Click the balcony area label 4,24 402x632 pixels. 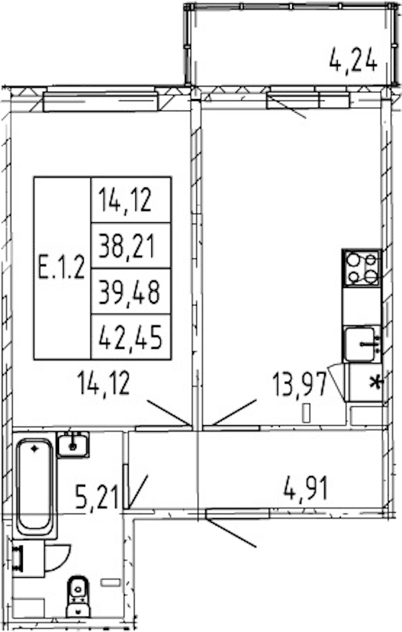(x=353, y=60)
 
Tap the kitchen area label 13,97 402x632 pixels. (x=299, y=385)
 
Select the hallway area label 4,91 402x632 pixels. (x=306, y=489)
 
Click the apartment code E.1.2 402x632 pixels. (x=62, y=268)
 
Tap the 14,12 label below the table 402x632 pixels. (x=104, y=384)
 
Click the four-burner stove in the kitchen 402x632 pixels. (x=362, y=268)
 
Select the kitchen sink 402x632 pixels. (x=362, y=344)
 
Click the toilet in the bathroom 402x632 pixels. (x=78, y=596)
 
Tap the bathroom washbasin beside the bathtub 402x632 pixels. (x=73, y=445)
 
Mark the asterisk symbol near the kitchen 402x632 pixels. (x=376, y=382)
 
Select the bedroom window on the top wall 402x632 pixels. (x=100, y=101)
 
